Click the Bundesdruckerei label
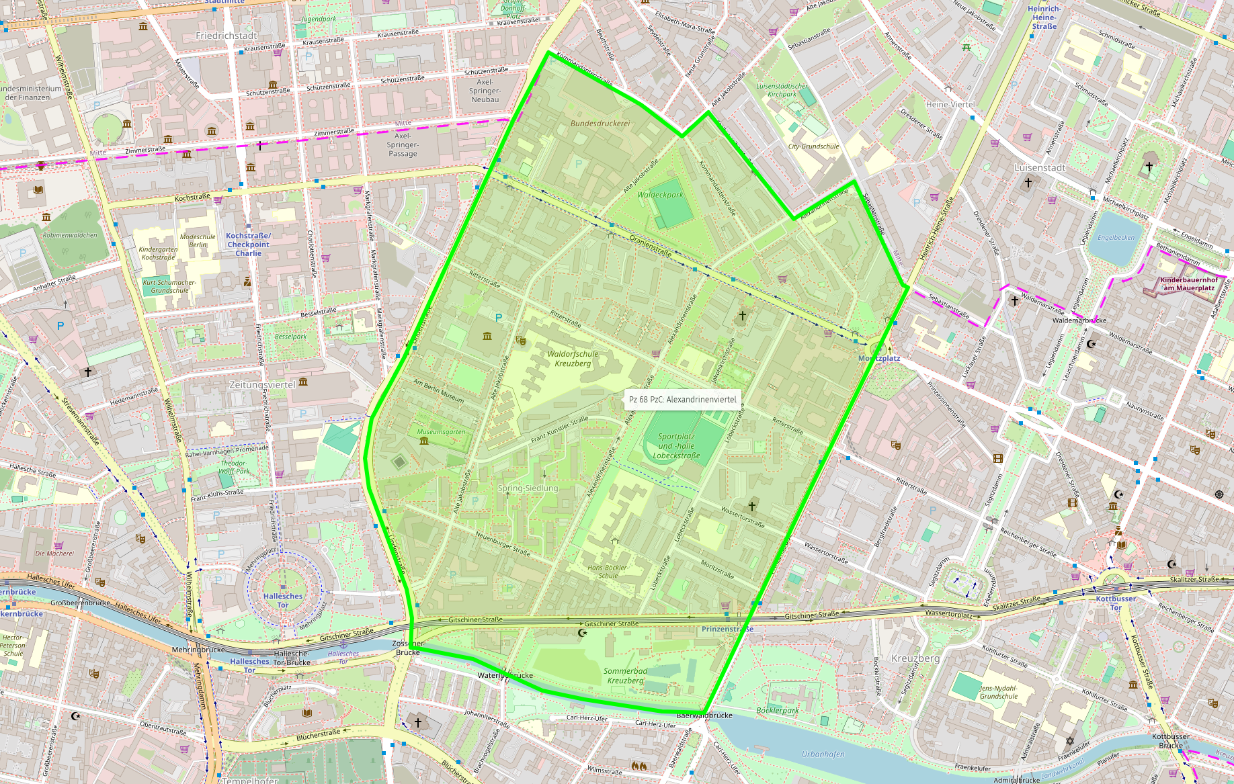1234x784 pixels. pos(600,124)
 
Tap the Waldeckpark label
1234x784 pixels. pos(659,195)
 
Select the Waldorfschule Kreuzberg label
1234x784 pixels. pos(573,359)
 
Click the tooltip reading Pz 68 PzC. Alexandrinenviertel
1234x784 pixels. pos(682,399)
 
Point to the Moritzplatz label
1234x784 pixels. pos(878,358)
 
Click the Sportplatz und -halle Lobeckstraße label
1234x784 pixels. pos(676,446)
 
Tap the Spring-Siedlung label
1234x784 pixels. pos(528,488)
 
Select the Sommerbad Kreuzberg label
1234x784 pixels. pos(625,676)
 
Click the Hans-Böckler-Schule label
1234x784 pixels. pos(608,572)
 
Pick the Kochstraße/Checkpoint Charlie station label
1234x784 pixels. pos(248,245)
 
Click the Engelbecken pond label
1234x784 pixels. pos(1116,238)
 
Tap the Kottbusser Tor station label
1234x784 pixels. pos(1116,603)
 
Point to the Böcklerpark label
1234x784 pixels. pos(778,710)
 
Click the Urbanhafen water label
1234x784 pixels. pos(823,754)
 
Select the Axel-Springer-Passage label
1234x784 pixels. pos(402,144)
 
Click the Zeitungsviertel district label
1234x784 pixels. pos(262,385)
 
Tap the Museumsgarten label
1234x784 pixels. pos(441,432)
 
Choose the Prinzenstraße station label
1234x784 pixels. pos(727,629)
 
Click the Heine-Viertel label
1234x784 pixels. pos(950,105)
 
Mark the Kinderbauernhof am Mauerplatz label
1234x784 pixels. pos(1188,284)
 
